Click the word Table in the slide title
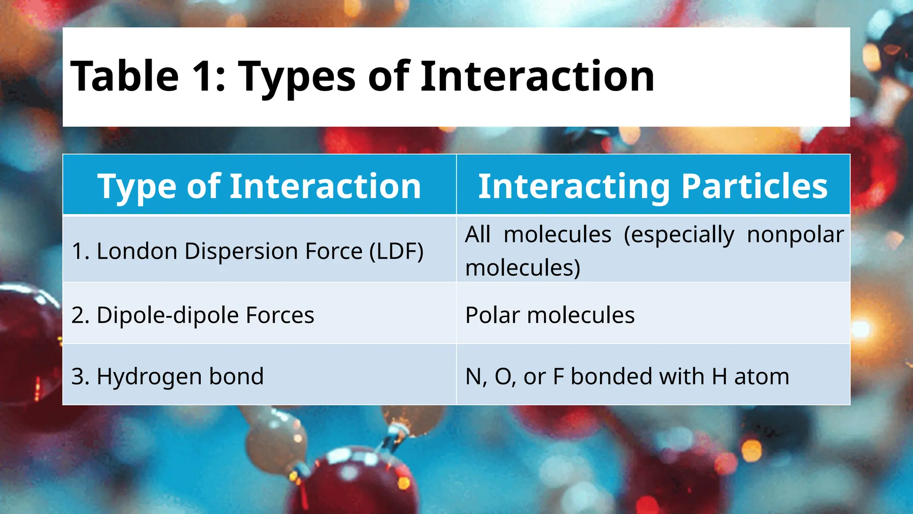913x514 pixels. coord(125,76)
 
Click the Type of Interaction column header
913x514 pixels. coord(259,186)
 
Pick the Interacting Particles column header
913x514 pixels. coord(653,186)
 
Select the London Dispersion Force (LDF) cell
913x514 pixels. coord(247,251)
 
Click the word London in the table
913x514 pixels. coord(137,251)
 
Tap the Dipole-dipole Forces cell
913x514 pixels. coord(193,315)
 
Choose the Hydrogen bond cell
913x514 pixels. coord(168,376)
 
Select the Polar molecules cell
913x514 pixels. coord(550,315)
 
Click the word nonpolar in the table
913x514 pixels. coord(795,235)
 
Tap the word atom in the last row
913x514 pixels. coord(761,376)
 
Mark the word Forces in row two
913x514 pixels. coord(280,315)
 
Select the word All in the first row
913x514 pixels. coord(477,234)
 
